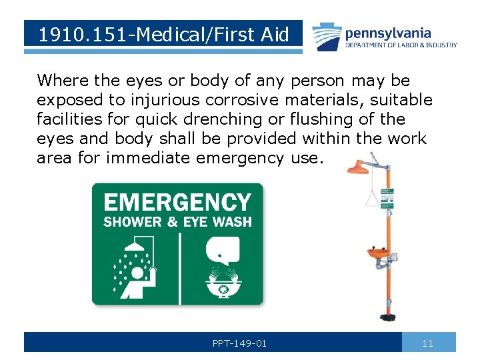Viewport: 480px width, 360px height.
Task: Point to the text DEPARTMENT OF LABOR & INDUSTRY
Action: click(x=401, y=45)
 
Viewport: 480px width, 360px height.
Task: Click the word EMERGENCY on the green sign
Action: click(x=177, y=202)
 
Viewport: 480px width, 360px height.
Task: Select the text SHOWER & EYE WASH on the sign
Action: click(x=177, y=221)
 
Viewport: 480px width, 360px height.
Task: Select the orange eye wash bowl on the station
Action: click(x=378, y=254)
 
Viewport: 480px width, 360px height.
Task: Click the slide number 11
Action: click(x=428, y=343)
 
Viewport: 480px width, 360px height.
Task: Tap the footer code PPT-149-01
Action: click(x=239, y=343)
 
